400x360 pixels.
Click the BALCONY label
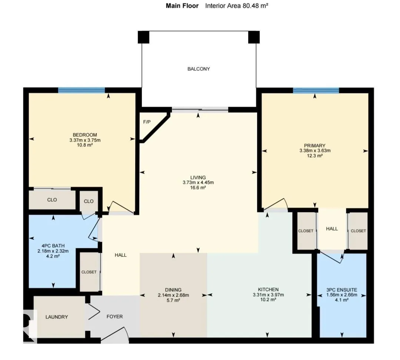tap(199, 69)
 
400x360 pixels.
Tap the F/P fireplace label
tap(147, 122)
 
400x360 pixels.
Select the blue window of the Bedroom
tap(81, 90)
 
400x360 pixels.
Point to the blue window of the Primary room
tap(316, 90)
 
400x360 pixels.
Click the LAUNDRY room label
tap(57, 317)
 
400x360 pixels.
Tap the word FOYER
tap(114, 317)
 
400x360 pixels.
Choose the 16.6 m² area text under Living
tap(198, 188)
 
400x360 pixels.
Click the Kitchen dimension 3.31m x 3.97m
tap(268, 295)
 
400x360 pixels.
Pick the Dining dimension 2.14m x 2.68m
tap(173, 295)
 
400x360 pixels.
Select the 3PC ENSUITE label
tap(341, 290)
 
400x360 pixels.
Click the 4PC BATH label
tap(53, 246)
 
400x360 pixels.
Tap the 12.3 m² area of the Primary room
tap(315, 155)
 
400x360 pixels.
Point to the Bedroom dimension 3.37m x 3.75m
tap(85, 140)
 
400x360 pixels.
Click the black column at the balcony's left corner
tap(143, 37)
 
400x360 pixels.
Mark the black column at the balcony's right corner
tap(254, 37)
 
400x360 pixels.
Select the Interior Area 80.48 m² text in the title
tap(236, 6)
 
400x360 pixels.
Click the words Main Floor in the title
tap(182, 6)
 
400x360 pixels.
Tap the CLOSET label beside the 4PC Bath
tap(89, 272)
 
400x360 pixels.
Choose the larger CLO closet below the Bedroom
tap(52, 200)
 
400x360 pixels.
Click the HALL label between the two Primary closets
tap(332, 229)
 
